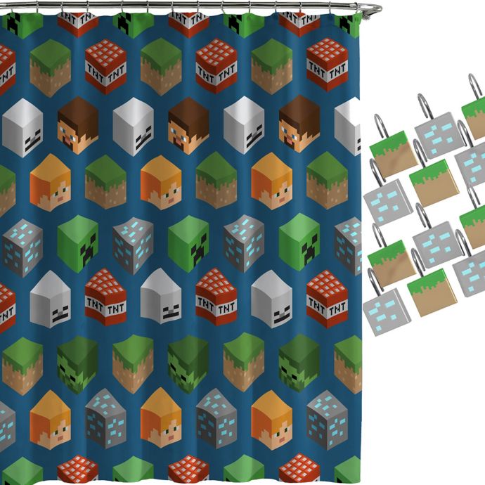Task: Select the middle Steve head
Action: point(188,126)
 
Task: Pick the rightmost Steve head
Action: point(299,124)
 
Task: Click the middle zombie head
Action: point(188,364)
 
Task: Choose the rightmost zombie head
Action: point(299,363)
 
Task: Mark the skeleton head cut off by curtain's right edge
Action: point(348,127)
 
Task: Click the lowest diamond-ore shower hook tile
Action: point(387,312)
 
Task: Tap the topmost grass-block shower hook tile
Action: point(474,117)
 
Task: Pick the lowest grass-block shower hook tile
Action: point(432,292)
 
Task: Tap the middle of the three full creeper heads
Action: point(188,244)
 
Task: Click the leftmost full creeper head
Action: point(77,244)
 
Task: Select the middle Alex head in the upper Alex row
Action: point(161,183)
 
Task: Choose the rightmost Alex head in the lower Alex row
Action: point(271,420)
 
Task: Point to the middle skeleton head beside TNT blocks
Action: point(161,296)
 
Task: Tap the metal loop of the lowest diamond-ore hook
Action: point(375,282)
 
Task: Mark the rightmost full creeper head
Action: point(299,242)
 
